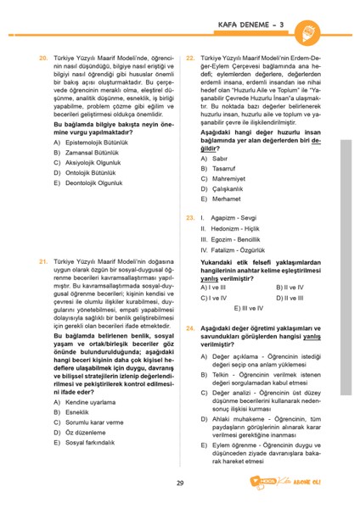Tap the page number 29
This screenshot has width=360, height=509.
click(x=180, y=484)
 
